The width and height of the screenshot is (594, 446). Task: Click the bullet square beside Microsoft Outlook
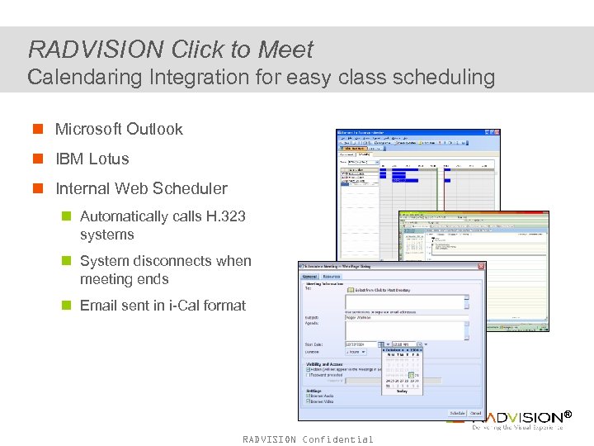pos(38,130)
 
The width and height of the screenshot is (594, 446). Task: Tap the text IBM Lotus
pos(92,159)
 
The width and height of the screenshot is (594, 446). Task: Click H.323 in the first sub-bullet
pos(225,216)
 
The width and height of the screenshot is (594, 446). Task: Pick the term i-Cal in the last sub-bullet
pos(185,306)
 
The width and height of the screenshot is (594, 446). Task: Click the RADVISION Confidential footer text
pos(308,439)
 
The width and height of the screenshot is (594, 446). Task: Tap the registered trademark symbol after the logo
pos(567,415)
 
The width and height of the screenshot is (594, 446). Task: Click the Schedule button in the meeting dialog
pos(457,413)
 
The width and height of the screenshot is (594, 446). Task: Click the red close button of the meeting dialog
pos(481,266)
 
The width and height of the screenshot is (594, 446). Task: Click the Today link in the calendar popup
pos(402,391)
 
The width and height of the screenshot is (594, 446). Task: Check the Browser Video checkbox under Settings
pos(309,402)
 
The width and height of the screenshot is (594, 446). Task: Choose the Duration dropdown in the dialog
pos(356,352)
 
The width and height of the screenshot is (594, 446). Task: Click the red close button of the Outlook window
pos(496,132)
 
